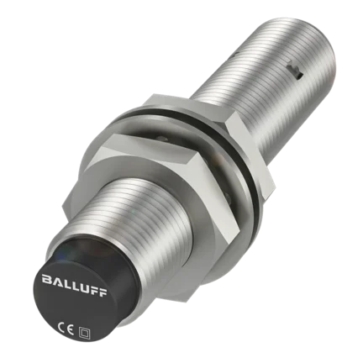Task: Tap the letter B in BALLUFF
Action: point(46,278)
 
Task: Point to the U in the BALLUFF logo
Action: point(83,287)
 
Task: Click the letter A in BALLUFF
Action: point(55,281)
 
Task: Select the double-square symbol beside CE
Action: point(83,332)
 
